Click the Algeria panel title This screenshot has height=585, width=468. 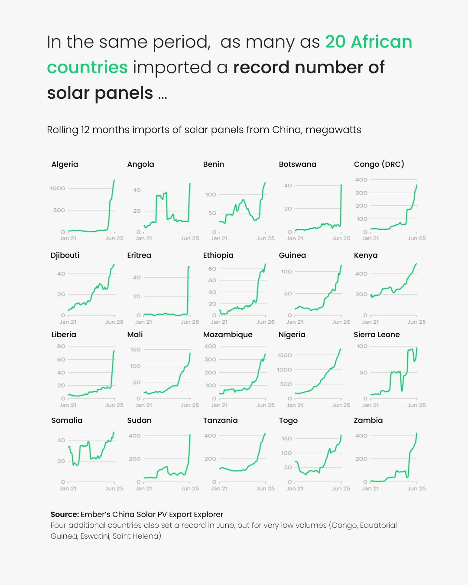65,164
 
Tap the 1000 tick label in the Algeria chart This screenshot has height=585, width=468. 58,188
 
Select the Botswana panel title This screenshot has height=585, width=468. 297,164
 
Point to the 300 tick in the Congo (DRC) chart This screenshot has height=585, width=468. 361,193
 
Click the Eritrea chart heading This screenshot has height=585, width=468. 139,255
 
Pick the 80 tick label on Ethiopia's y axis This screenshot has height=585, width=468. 212,269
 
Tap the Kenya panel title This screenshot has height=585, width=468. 365,255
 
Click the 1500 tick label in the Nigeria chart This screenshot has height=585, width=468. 284,355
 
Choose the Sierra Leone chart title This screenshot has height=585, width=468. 377,335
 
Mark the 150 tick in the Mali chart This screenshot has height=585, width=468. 135,350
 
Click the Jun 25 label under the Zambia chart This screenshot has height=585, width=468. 416,488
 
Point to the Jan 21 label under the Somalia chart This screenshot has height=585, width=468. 68,488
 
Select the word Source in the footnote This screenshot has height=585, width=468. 65,514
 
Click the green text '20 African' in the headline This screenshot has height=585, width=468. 368,42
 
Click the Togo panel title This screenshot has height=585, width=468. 288,420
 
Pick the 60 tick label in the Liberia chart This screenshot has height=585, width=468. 61,359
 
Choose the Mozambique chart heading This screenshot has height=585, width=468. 227,335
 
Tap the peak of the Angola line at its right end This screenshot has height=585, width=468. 190,183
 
